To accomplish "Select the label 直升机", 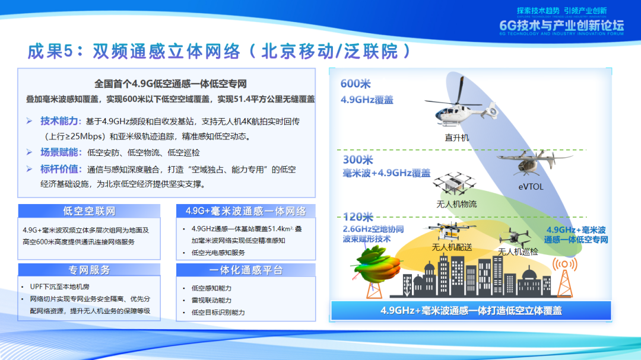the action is pos(457,138).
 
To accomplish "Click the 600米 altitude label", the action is pos(356,84).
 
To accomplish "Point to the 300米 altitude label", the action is pos(358,160).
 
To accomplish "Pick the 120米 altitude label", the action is pos(358,217).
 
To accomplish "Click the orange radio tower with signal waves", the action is pos(565,276).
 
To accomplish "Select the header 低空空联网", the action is pos(89,211).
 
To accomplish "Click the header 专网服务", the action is pos(89,270).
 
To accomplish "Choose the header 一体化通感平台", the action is pos(246,270).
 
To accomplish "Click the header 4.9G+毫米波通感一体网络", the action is pos(246,211).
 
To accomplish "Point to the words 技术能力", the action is pos(59,121).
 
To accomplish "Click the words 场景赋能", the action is pos(59,152).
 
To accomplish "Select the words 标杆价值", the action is pos(59,169).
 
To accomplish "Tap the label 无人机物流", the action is pos(456,204).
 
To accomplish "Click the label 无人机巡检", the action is pos(518,251).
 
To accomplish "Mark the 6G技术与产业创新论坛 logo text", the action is pos(561,26).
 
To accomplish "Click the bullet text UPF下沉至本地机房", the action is pos(60,287).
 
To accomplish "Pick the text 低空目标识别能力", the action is pos(218,313).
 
